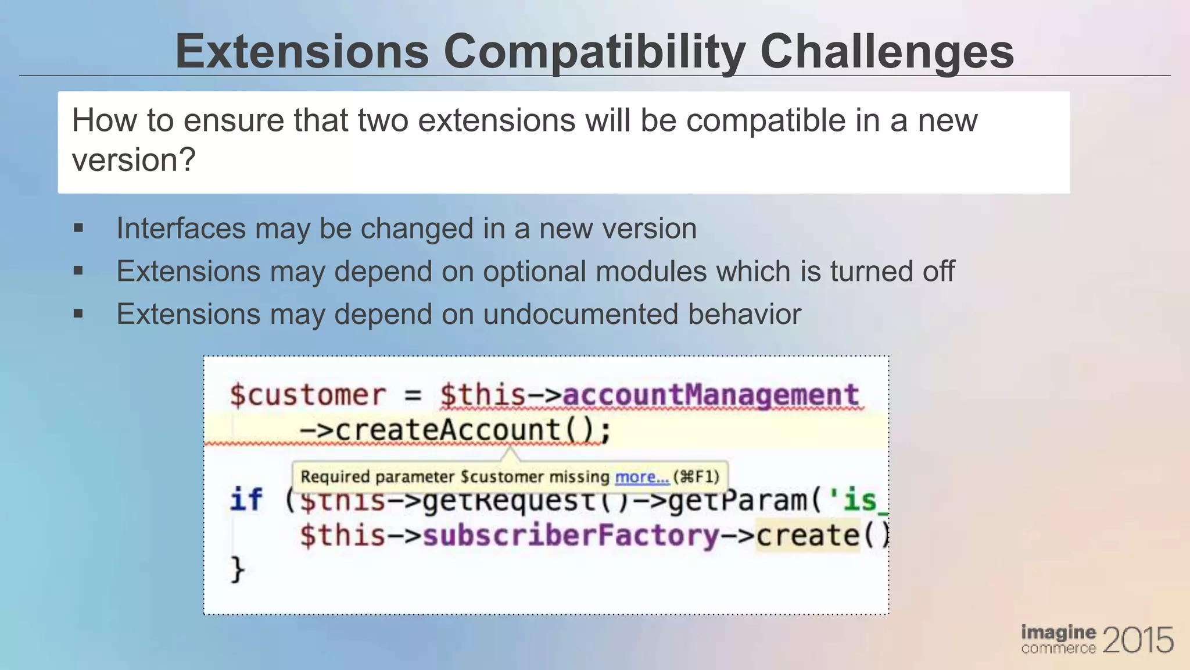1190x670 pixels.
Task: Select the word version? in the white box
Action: [x=134, y=160]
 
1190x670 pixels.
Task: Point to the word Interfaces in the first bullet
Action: [x=181, y=229]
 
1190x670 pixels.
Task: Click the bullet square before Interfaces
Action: [x=78, y=228]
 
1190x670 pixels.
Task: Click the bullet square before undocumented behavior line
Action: [x=78, y=314]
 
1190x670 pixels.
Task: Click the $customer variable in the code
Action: [x=307, y=395]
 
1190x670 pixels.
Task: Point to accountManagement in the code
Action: [x=711, y=395]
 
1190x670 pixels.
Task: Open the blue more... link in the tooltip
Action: [x=641, y=477]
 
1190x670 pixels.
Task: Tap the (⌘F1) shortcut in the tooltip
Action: [x=696, y=477]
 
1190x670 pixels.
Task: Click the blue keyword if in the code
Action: [x=246, y=500]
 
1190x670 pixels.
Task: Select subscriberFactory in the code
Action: [x=571, y=536]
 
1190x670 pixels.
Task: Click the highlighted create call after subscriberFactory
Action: [x=808, y=536]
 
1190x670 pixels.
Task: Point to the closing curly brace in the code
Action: [x=237, y=569]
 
